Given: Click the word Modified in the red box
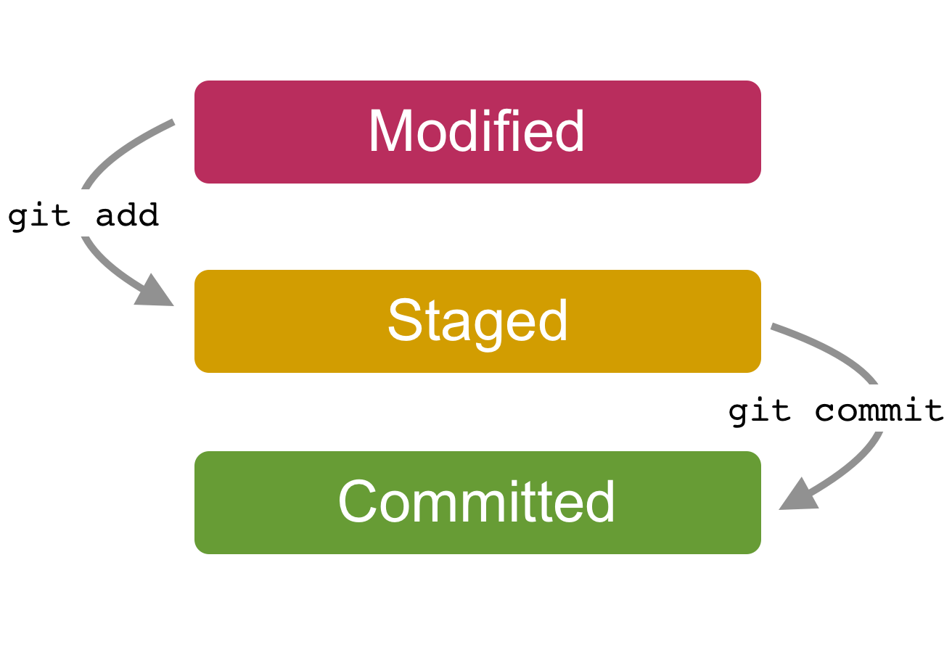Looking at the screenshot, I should coord(477,132).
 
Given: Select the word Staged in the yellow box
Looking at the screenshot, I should coord(477,321).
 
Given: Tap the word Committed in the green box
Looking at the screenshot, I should coord(477,503).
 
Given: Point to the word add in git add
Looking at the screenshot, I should coord(127,215).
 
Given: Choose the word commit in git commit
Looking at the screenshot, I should coord(879,411).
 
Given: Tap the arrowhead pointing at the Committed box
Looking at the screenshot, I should coord(797,495).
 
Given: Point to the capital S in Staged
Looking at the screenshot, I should coord(403,321).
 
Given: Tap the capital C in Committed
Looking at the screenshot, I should coord(357,503).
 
